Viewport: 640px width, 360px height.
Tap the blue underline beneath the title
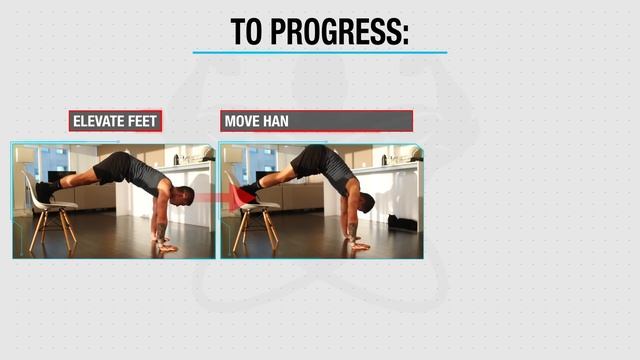click(x=320, y=52)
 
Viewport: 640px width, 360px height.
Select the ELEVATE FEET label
click(x=115, y=121)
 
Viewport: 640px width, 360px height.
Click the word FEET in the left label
click(x=139, y=121)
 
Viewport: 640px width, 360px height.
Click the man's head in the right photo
click(x=365, y=203)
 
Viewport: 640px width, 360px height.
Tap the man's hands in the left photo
click(x=165, y=243)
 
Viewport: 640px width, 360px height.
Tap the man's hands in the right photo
click(x=357, y=242)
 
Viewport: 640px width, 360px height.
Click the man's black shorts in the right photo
click(x=312, y=160)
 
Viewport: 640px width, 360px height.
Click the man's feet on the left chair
click(x=45, y=189)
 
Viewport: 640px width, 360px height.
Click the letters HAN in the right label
click(x=277, y=121)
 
